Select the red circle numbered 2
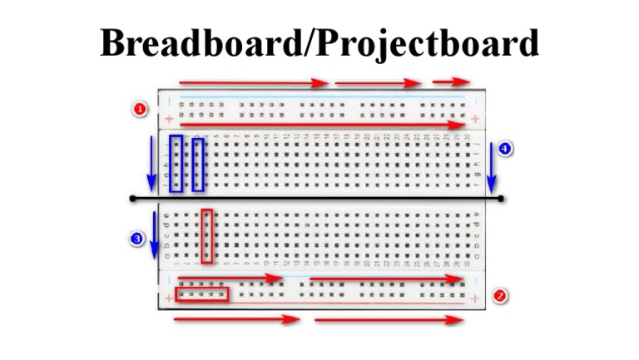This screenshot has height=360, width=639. coord(500,295)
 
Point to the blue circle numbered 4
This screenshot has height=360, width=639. coord(505,149)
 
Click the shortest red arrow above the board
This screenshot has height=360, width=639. coord(451,82)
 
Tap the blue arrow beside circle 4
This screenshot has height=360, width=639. coord(492,170)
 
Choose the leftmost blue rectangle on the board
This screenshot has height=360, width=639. coord(176,163)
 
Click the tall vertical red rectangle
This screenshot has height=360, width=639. coord(207,236)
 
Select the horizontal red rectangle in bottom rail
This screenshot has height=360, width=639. coord(202,294)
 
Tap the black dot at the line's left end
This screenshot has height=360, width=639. coord(132,199)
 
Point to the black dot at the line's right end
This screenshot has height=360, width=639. coord(501,199)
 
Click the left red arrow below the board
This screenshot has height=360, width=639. coord(237,319)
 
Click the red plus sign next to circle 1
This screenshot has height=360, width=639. coord(169,119)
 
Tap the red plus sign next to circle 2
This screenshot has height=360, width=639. coord(475,298)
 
